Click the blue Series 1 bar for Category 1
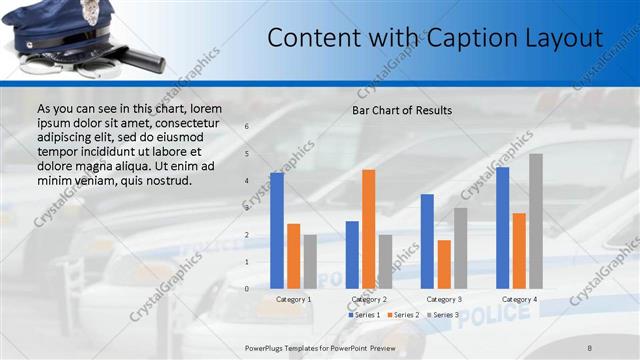pos(277,231)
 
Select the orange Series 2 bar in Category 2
pos(369,229)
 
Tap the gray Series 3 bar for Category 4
pos(536,221)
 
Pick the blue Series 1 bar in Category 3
pos(427,241)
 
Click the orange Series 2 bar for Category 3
pos(444,264)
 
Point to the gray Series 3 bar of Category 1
pos(310,262)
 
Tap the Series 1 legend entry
pos(363,315)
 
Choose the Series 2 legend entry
pos(403,315)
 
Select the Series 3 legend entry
pos(443,315)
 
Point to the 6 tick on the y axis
pos(247,127)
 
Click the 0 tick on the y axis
pos(247,289)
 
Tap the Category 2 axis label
pos(369,299)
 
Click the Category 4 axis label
pos(519,299)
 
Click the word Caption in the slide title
pos(470,38)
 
